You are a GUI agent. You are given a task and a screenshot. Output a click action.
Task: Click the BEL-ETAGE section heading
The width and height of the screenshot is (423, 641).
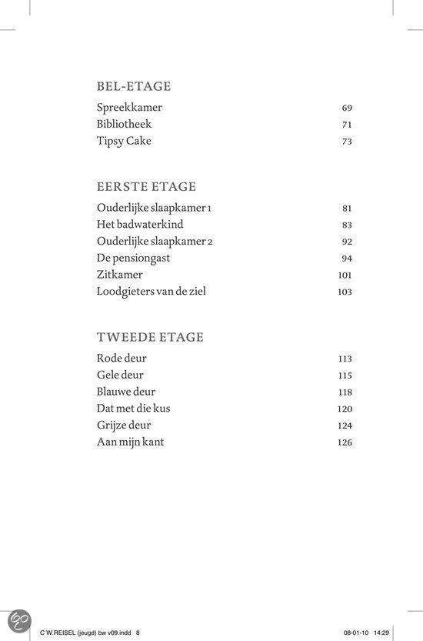click(134, 86)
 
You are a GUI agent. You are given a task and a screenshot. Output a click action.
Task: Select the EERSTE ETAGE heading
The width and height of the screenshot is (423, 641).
click(146, 187)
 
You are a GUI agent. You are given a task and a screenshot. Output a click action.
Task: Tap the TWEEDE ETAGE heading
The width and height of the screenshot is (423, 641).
click(150, 337)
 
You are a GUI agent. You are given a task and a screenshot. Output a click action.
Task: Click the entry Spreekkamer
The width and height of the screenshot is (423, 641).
click(130, 108)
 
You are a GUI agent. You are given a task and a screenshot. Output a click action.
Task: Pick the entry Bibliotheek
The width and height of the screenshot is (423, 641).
click(125, 124)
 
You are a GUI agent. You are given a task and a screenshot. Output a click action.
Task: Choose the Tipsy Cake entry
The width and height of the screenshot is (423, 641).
click(125, 141)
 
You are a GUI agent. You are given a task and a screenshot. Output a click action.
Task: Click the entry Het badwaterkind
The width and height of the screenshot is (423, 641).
click(140, 225)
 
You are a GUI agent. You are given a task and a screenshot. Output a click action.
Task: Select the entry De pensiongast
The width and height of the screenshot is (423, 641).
click(134, 258)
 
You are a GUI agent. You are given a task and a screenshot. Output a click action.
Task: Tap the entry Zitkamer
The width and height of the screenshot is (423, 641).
click(120, 275)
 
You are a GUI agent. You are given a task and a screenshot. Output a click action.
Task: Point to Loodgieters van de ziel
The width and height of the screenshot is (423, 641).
click(152, 292)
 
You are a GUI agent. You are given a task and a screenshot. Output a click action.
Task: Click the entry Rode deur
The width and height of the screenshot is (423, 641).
click(122, 359)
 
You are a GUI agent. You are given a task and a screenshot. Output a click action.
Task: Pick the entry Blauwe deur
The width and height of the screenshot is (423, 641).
click(126, 392)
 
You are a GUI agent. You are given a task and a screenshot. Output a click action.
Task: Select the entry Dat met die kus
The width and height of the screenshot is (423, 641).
click(134, 409)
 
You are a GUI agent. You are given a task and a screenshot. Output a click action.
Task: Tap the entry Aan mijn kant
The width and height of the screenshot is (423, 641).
click(131, 442)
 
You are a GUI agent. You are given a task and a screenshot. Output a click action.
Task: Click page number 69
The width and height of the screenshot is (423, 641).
click(347, 109)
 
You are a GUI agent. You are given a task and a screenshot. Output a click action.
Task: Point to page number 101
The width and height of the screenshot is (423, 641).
click(345, 275)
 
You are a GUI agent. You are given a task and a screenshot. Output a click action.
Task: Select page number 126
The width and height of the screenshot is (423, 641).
click(345, 443)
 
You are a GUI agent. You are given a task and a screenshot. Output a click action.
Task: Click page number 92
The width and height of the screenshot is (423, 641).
click(347, 242)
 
